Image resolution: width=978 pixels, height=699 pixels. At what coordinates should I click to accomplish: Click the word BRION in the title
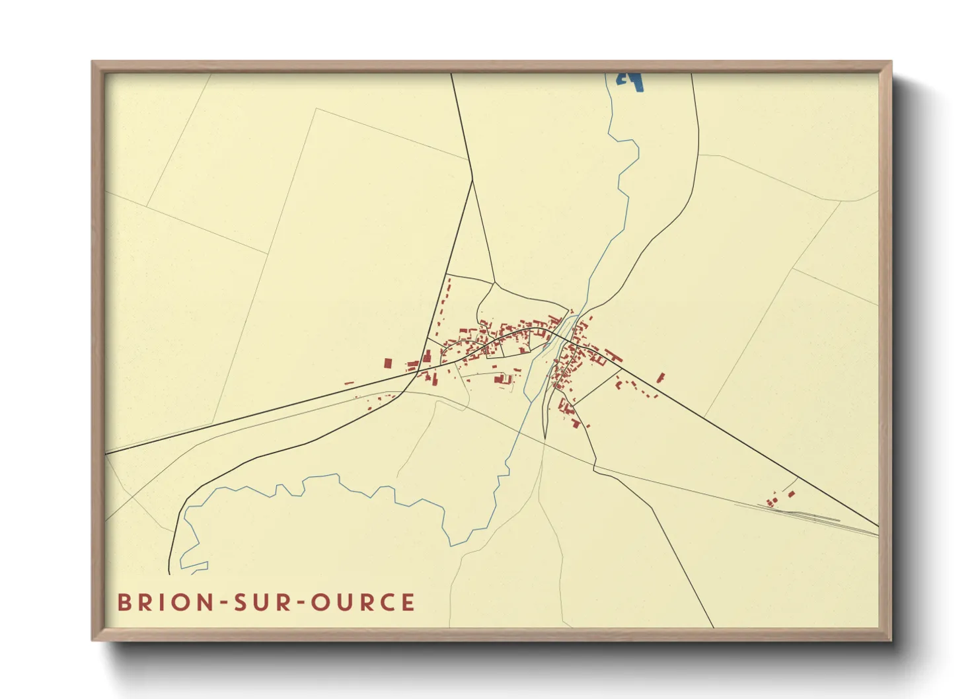[x=165, y=602]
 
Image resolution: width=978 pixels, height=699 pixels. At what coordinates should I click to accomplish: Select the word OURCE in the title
[x=363, y=602]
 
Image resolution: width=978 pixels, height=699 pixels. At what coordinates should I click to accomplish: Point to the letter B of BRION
[x=124, y=602]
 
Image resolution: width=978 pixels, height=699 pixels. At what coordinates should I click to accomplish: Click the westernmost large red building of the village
[x=388, y=363]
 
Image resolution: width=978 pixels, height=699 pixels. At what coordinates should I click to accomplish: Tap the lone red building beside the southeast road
[x=659, y=377]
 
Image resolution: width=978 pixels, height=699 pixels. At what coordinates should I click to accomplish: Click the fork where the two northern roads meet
[x=473, y=179]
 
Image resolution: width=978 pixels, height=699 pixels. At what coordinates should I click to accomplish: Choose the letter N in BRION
[x=206, y=602]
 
